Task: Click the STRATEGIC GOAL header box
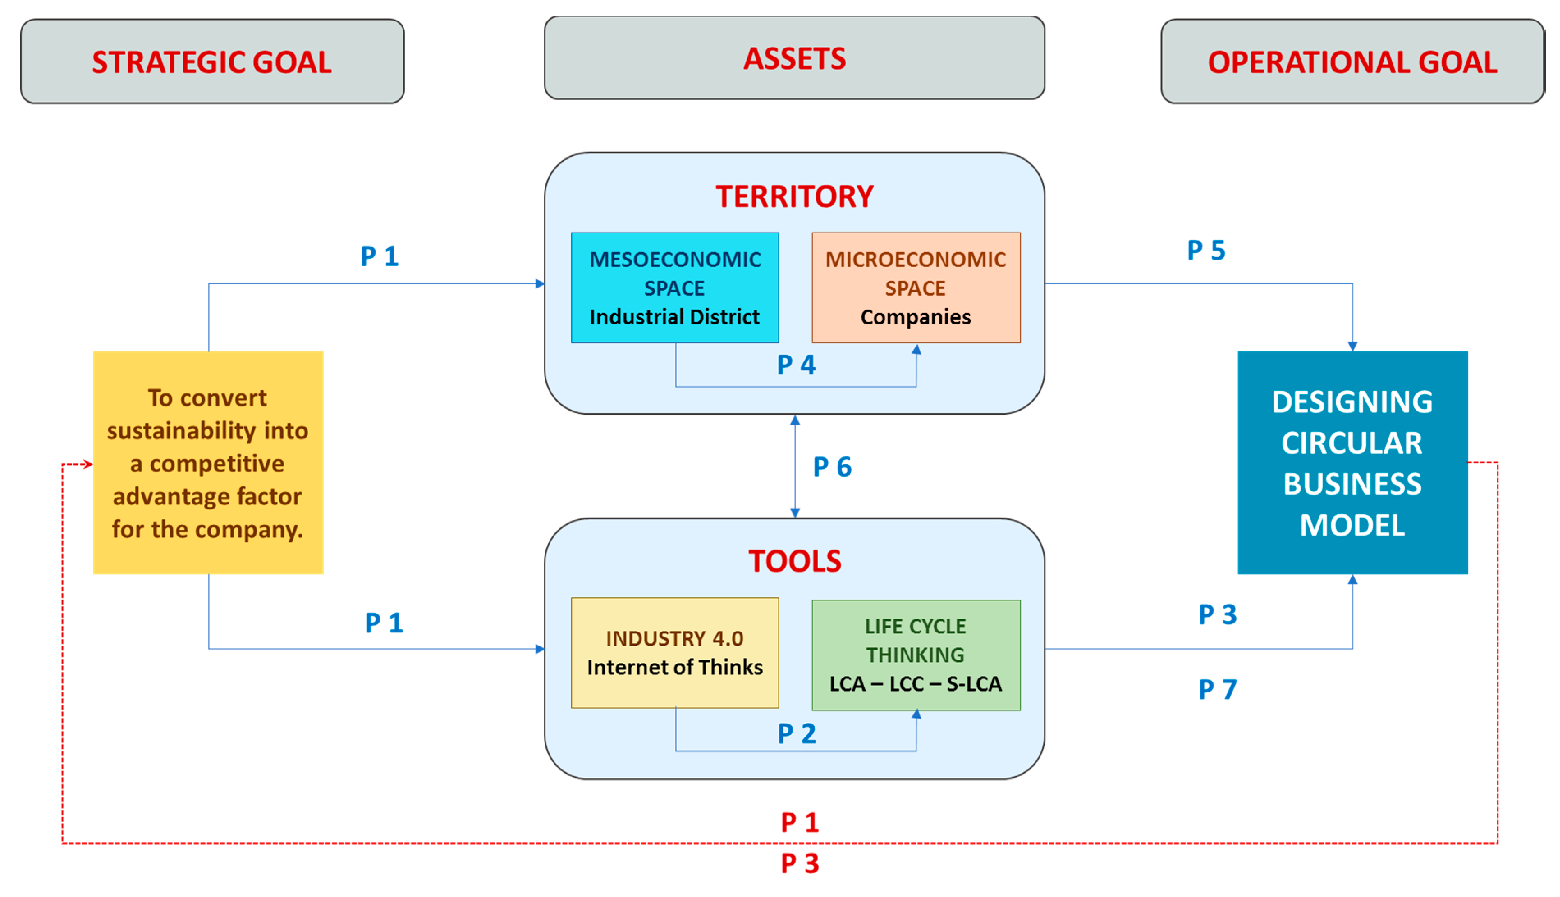[x=212, y=62]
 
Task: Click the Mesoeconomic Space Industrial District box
[x=674, y=288]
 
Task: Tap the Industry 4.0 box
[x=674, y=653]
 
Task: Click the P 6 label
[x=832, y=467]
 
